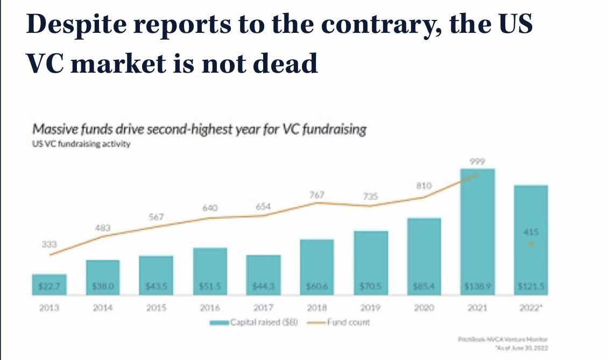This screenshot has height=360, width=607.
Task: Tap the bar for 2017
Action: pyautogui.click(x=263, y=275)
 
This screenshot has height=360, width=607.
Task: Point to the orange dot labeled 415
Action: pyautogui.click(x=531, y=244)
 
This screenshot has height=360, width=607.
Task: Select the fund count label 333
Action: pyautogui.click(x=49, y=244)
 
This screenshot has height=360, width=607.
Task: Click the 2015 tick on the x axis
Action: pyautogui.click(x=156, y=309)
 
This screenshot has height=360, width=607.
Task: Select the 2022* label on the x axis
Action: pyautogui.click(x=531, y=309)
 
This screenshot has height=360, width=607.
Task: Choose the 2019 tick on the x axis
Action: pyautogui.click(x=370, y=309)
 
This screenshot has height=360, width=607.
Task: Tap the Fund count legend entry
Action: pyautogui.click(x=349, y=322)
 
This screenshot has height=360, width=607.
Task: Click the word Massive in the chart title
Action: pyautogui.click(x=55, y=130)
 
